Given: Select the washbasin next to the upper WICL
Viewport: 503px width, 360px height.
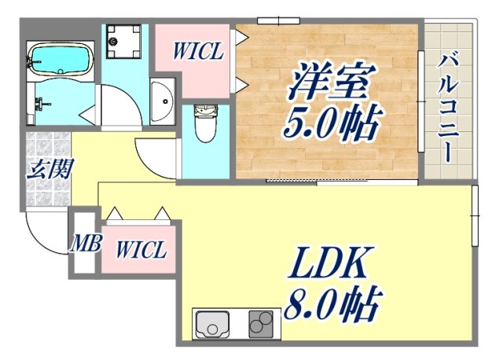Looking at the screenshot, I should coord(163,101).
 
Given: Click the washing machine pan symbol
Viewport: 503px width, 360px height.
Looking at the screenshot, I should coord(125,41).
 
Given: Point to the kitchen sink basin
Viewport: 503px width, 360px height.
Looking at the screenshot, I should coord(213,324).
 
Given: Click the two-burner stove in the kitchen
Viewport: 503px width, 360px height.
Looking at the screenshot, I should coord(263,324).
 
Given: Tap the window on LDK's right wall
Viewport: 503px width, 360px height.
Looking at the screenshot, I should coord(474,215).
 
